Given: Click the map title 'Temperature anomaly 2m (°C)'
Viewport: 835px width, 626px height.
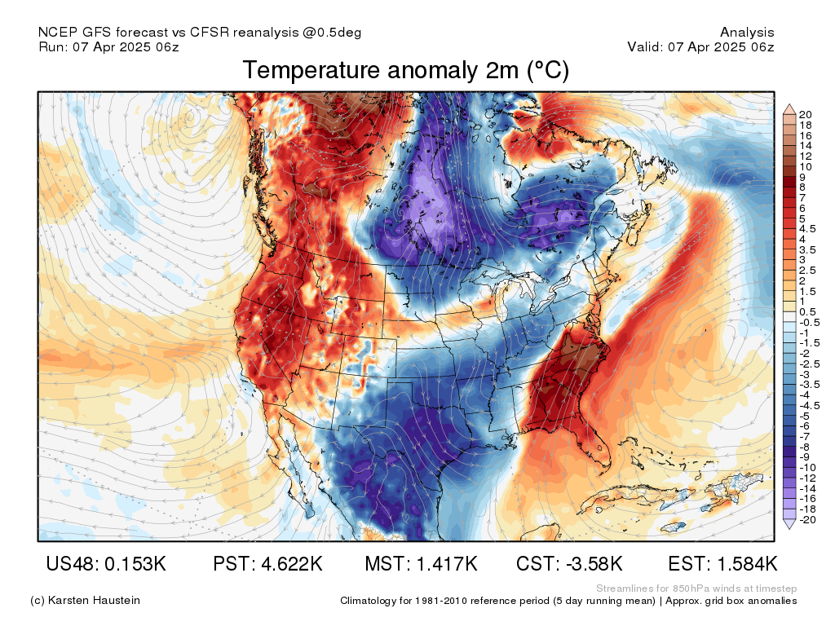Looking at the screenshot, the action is pyautogui.click(x=406, y=70).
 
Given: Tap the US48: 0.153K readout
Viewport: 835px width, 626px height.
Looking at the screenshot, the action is pyautogui.click(x=106, y=563).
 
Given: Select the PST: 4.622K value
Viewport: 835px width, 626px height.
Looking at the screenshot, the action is pyautogui.click(x=267, y=563).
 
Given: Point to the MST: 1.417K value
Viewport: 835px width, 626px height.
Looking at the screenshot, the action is pyautogui.click(x=421, y=563).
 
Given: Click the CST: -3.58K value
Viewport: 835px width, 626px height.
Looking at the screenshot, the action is pyautogui.click(x=569, y=563).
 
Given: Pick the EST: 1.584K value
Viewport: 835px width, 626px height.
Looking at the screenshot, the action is pyautogui.click(x=722, y=563).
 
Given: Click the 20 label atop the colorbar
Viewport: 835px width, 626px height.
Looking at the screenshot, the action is pyautogui.click(x=805, y=114).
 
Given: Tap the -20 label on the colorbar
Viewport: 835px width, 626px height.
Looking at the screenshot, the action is pyautogui.click(x=807, y=519).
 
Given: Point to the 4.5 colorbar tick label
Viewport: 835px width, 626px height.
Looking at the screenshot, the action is pyautogui.click(x=807, y=229).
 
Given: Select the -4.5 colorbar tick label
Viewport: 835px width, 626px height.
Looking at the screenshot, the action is pyautogui.click(x=810, y=406).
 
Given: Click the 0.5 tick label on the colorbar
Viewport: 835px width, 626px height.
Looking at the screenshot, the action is pyautogui.click(x=807, y=312).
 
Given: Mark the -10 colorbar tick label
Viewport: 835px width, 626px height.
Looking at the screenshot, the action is pyautogui.click(x=807, y=468).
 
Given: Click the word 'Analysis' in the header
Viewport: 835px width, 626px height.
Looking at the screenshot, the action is pyautogui.click(x=747, y=33).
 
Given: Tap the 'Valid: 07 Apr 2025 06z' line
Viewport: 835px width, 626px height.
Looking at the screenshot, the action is pyautogui.click(x=700, y=46).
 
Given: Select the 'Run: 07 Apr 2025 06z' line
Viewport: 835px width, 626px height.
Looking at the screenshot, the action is pyautogui.click(x=108, y=46).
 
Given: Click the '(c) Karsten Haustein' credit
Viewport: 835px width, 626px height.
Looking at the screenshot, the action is pyautogui.click(x=85, y=601).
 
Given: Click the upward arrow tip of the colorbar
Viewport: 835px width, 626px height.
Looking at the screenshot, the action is pyautogui.click(x=789, y=105).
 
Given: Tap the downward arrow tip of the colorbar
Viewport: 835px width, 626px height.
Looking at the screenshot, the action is pyautogui.click(x=789, y=528).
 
